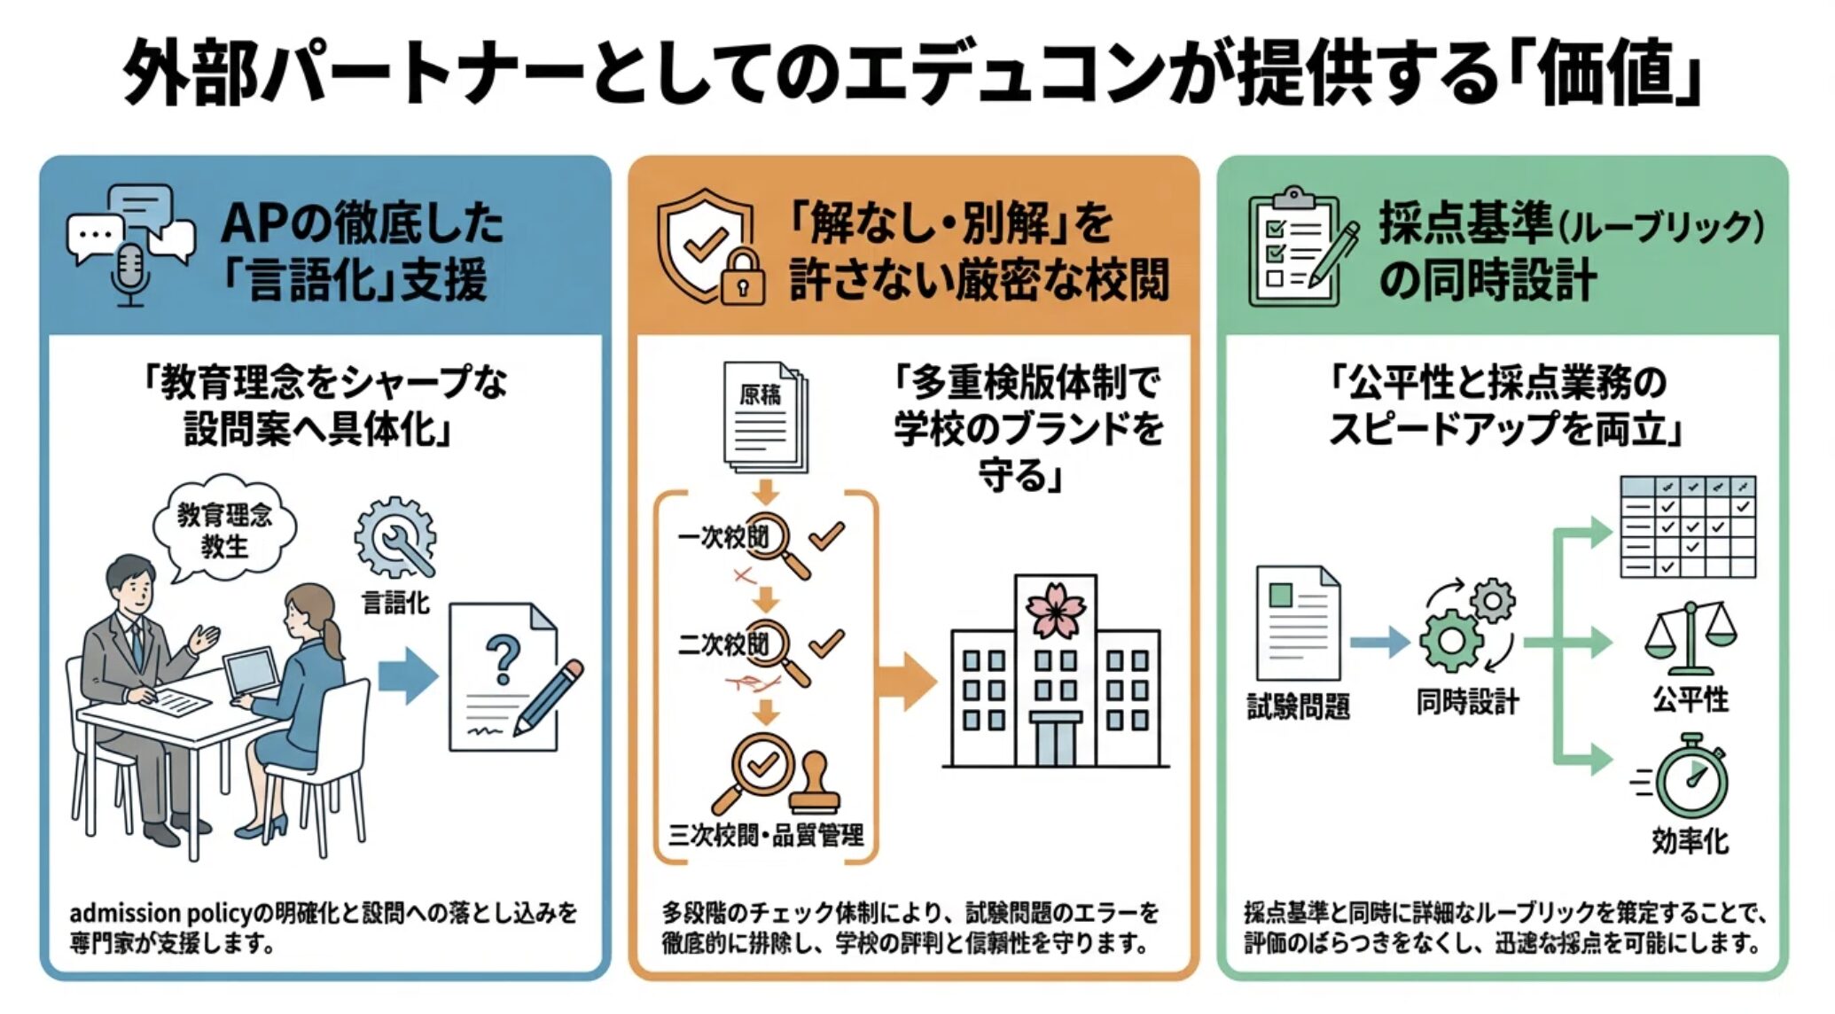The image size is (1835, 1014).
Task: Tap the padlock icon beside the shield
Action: pos(742,277)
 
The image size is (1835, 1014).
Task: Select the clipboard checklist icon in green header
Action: pos(1293,249)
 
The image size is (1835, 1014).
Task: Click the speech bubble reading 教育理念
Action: pos(224,530)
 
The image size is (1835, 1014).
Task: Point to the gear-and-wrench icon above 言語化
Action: pos(395,537)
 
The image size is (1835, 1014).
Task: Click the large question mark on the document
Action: pos(503,661)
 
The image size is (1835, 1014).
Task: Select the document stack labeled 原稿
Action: pos(764,417)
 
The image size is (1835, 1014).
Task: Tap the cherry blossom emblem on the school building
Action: pos(1055,610)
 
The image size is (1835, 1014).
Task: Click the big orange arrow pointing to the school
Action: pos(906,681)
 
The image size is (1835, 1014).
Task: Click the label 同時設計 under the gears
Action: pos(1466,703)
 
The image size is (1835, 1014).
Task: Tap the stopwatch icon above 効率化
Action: pos(1691,777)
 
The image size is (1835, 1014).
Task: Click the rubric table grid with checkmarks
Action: pos(1687,527)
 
